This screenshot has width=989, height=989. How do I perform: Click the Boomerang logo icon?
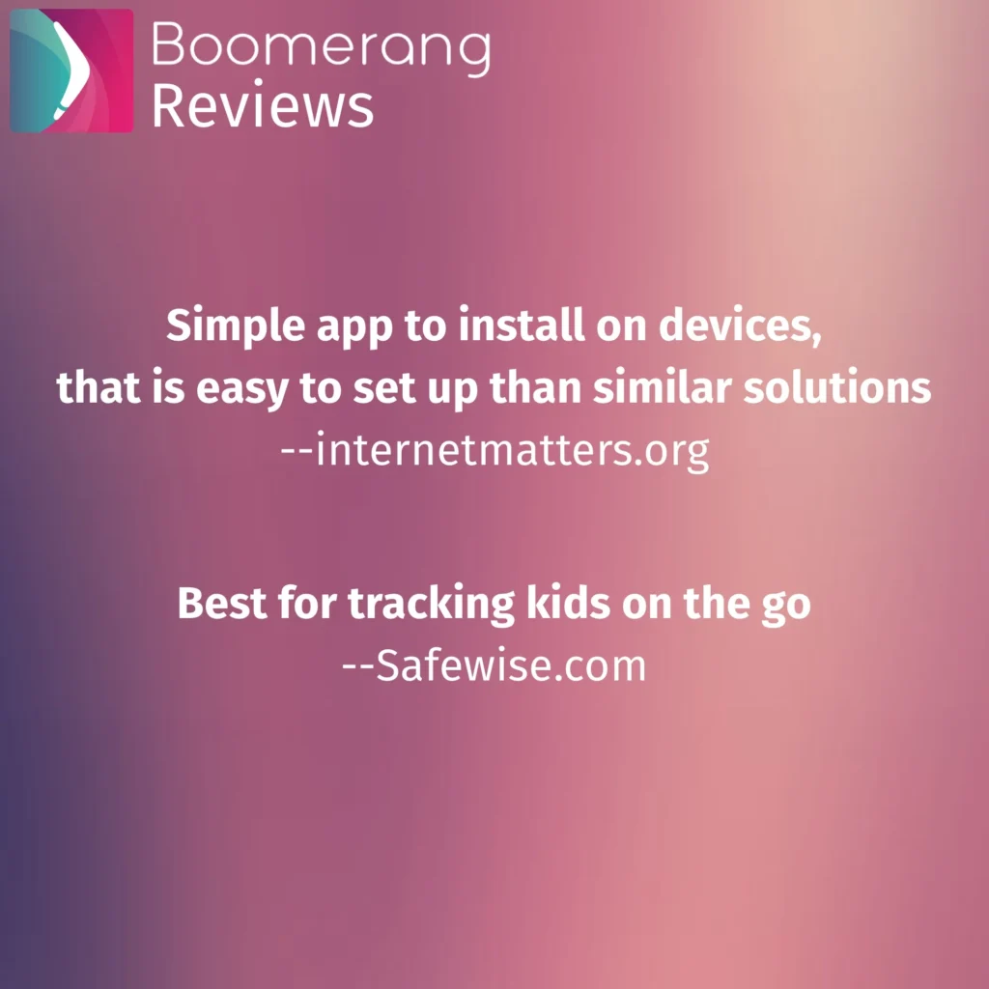[x=71, y=71]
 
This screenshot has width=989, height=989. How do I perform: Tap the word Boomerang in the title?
[x=320, y=46]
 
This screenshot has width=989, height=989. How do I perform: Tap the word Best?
[x=217, y=605]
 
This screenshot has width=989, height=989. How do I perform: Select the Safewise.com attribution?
[x=494, y=666]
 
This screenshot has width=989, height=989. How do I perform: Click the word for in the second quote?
[x=304, y=605]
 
